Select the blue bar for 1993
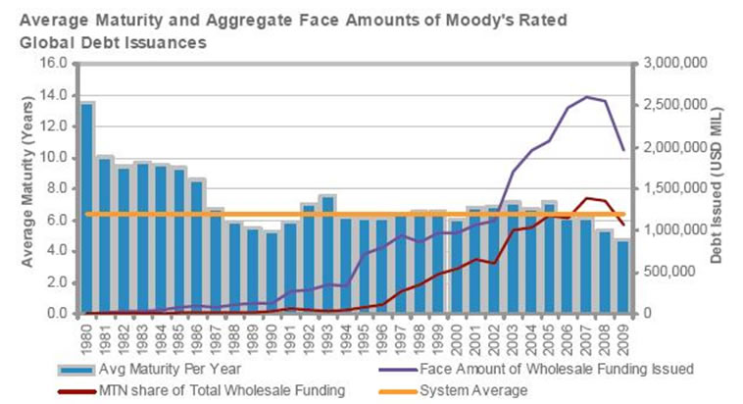tap(326, 255)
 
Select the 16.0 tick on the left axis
tap(51, 64)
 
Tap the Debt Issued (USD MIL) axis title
tap(729, 187)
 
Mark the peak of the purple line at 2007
tap(585, 96)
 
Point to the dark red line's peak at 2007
tap(585, 198)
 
